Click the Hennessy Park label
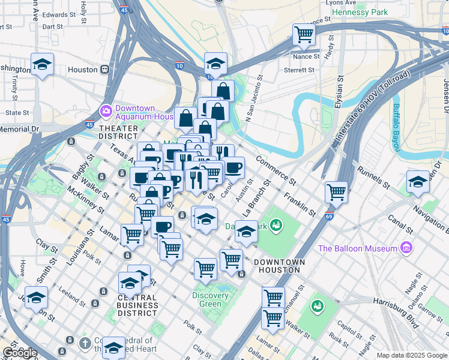[x=360, y=12]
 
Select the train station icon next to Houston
[x=105, y=70]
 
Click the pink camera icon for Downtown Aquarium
[x=106, y=111]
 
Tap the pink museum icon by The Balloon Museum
[x=406, y=248]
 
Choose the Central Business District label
[x=137, y=305]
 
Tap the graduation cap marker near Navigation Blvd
[x=418, y=182]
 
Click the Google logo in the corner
[x=20, y=353]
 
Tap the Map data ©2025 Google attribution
[x=411, y=355]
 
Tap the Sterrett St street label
[x=299, y=70]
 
